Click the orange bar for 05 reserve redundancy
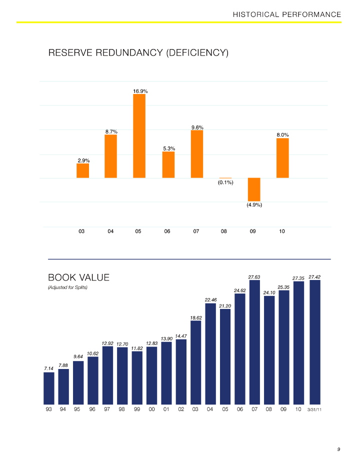(x=139, y=136)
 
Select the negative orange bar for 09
(x=254, y=189)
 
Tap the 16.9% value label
(x=140, y=91)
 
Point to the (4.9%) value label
(x=254, y=204)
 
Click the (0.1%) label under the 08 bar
(x=225, y=182)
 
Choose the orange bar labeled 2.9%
(x=82, y=171)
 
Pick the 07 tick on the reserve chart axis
(x=196, y=231)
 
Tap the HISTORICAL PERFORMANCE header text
(x=286, y=14)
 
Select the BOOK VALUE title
(x=78, y=277)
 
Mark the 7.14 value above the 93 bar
(x=48, y=368)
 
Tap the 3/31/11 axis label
(x=314, y=410)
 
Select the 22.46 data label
(x=210, y=299)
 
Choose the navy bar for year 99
(x=137, y=377)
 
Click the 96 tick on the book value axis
(x=92, y=409)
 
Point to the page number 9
(x=338, y=450)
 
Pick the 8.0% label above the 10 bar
(x=282, y=134)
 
